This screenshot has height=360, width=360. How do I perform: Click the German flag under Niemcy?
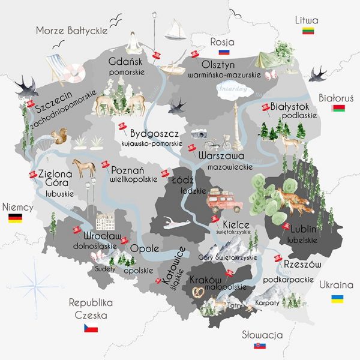point(15,218)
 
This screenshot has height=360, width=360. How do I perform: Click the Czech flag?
point(91,328)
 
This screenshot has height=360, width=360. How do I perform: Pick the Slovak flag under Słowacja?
point(259,346)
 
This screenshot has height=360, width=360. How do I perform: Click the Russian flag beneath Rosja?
point(224,53)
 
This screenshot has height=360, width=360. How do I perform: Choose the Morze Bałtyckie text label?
point(71,30)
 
